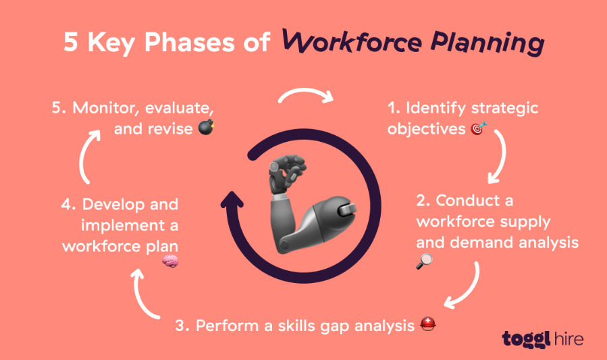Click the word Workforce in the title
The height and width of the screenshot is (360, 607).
point(352,43)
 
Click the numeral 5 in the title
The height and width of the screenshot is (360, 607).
point(71,43)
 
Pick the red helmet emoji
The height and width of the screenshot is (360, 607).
point(428,324)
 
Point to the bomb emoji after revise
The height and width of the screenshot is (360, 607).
point(207,127)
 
